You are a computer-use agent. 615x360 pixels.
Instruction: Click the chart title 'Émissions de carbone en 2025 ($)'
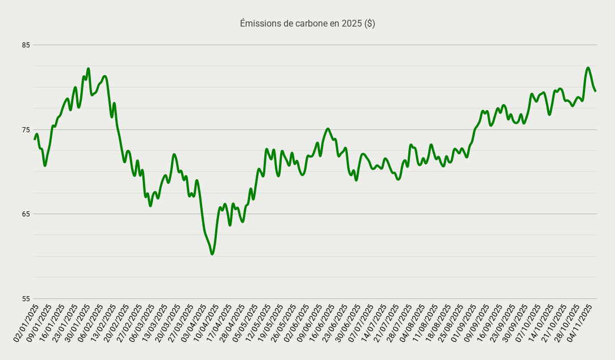coord(307,24)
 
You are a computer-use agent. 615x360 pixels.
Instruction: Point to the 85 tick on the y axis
coord(26,45)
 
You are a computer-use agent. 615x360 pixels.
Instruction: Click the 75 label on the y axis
coord(26,129)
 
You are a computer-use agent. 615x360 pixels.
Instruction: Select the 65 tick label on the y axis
coord(26,214)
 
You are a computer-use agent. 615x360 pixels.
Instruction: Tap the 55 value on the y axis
coord(26,298)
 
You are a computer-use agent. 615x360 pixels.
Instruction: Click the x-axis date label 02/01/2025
coord(27,323)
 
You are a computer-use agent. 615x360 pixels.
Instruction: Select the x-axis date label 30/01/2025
coord(78,323)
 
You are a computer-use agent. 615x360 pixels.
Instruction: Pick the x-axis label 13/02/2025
coord(104,323)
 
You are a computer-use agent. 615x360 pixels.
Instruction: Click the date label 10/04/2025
coord(207,323)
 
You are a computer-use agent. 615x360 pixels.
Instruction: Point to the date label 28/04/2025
coord(233,323)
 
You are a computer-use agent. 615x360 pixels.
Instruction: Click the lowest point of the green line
coord(212,254)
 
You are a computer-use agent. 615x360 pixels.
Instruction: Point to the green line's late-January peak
coord(88,69)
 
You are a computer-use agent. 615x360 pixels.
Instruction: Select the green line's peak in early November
coord(588,68)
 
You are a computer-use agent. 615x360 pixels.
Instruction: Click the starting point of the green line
coord(34,138)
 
